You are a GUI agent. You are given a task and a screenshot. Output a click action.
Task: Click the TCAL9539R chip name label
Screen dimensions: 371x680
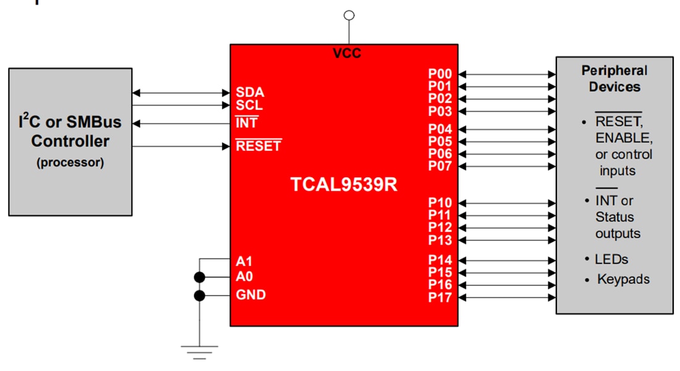pyautogui.click(x=344, y=185)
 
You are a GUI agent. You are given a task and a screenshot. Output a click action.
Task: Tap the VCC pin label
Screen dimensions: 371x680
pyautogui.click(x=347, y=54)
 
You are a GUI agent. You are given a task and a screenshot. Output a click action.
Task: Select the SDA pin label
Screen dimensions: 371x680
pyautogui.click(x=250, y=93)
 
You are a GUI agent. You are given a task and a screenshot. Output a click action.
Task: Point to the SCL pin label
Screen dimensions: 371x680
pyautogui.click(x=249, y=106)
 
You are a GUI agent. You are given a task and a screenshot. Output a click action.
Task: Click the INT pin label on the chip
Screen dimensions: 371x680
pyautogui.click(x=247, y=123)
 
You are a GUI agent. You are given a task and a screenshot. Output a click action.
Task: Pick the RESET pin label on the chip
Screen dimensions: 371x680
pyautogui.click(x=258, y=146)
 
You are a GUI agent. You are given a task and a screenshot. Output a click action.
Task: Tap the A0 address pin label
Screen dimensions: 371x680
pyautogui.click(x=244, y=277)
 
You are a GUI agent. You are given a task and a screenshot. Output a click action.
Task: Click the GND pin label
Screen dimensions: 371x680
pyautogui.click(x=251, y=295)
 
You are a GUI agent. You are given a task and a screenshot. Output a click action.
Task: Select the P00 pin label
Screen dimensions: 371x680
pyautogui.click(x=440, y=74)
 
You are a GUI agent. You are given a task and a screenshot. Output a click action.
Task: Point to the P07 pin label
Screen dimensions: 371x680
pyautogui.click(x=440, y=166)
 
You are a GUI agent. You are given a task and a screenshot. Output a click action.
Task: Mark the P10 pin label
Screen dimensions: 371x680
pyautogui.click(x=440, y=203)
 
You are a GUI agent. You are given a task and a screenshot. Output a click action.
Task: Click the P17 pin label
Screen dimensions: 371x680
pyautogui.click(x=440, y=298)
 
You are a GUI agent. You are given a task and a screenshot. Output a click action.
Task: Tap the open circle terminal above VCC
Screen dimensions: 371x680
pyautogui.click(x=349, y=15)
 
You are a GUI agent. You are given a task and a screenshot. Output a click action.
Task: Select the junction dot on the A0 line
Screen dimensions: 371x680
pyautogui.click(x=199, y=277)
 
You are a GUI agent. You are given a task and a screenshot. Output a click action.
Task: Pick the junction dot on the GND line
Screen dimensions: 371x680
pyautogui.click(x=199, y=296)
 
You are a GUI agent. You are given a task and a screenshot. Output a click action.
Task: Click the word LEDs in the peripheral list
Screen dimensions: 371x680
pyautogui.click(x=611, y=259)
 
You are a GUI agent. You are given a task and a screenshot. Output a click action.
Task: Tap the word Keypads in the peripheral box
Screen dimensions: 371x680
pyautogui.click(x=623, y=279)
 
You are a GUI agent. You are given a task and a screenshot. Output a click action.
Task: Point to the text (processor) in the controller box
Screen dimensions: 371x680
pyautogui.click(x=70, y=163)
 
